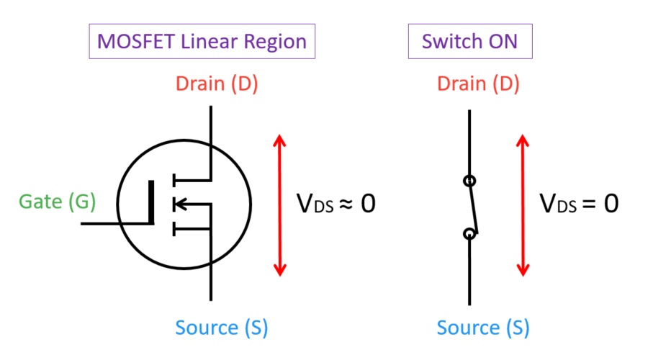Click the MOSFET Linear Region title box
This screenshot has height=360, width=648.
(x=202, y=41)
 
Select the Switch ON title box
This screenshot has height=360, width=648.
(x=470, y=41)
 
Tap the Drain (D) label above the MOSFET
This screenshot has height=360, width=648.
(x=217, y=84)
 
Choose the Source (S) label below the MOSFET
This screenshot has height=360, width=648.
(x=222, y=328)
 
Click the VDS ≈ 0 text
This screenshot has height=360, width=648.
(x=336, y=204)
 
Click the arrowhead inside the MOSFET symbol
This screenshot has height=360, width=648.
(x=180, y=205)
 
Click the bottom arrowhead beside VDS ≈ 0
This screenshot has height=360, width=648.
(x=279, y=270)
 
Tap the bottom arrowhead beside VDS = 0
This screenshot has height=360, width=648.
(x=523, y=270)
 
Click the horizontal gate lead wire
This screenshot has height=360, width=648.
(x=115, y=223)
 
